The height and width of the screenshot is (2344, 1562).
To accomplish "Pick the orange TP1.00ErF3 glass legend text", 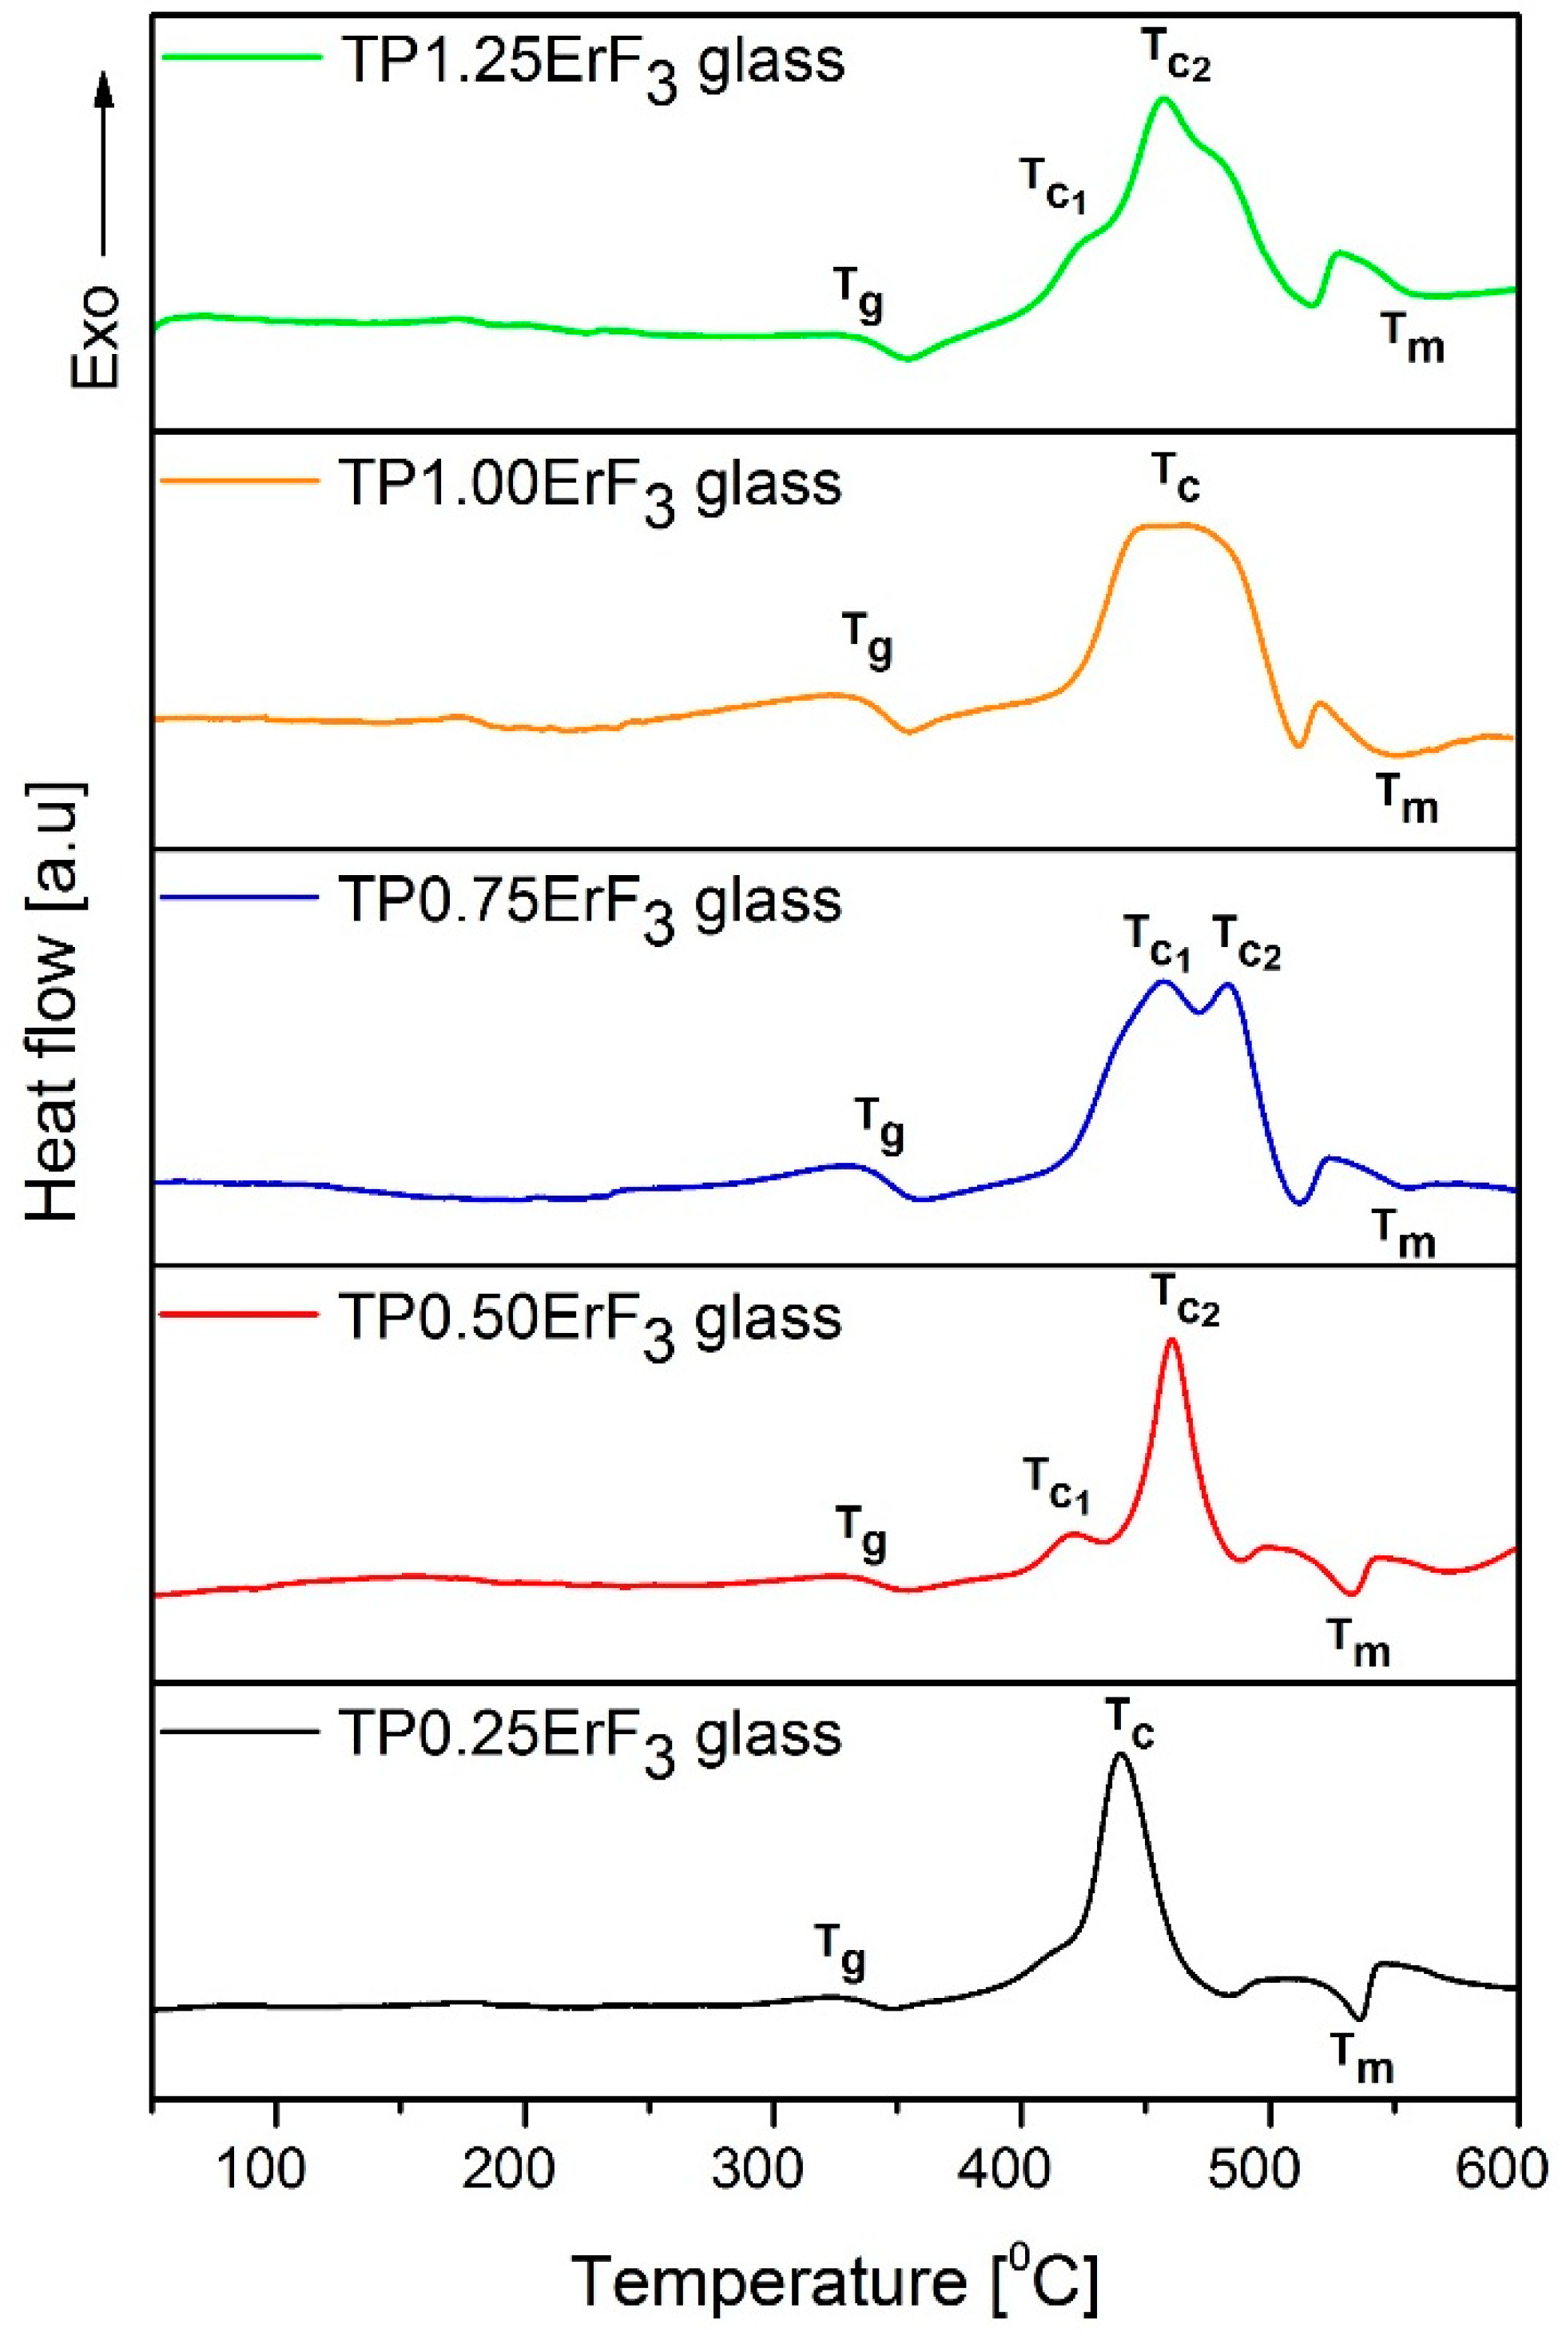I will click(x=590, y=485).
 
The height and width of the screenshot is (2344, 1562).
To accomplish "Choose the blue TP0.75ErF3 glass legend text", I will click(x=590, y=902).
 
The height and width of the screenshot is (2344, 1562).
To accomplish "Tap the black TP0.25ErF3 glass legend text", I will click(x=590, y=1735).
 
